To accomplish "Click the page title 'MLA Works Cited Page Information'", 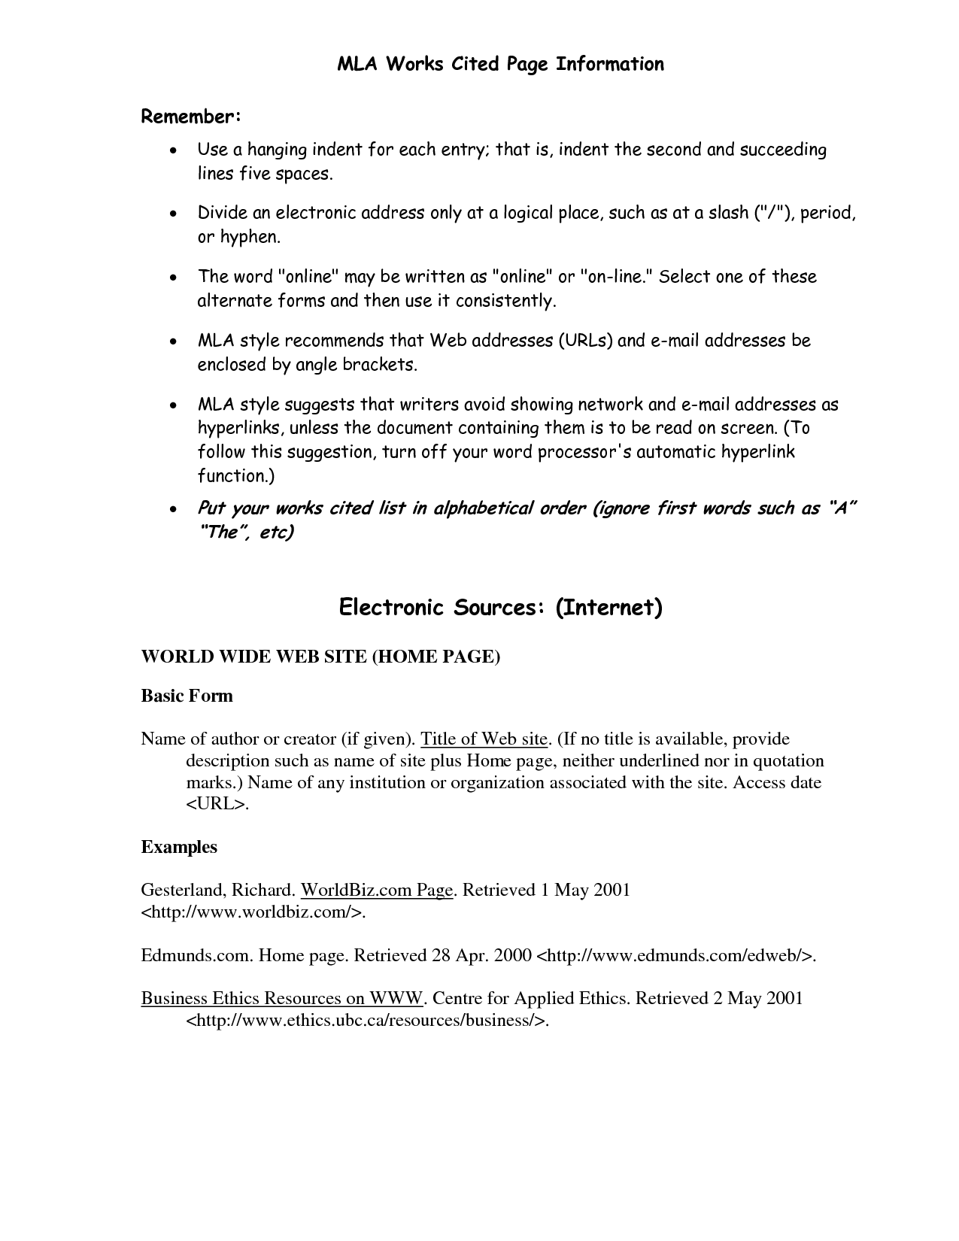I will (x=500, y=65).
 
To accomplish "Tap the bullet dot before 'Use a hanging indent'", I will (x=174, y=151).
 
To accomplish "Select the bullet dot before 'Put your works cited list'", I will (x=174, y=510).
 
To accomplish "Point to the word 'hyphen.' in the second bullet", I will (x=250, y=237).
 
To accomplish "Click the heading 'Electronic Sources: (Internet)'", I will (x=500, y=607).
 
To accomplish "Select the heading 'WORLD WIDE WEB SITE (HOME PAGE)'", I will (x=320, y=657).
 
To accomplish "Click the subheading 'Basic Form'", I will (x=187, y=696).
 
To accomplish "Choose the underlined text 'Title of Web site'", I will (x=484, y=739).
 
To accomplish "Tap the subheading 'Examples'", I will (x=179, y=847).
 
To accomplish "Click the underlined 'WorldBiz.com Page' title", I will (x=376, y=891).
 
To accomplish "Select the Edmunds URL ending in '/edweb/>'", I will (x=675, y=956).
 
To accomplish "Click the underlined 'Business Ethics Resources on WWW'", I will (x=283, y=999).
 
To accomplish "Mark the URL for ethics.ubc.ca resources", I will (x=367, y=1021).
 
